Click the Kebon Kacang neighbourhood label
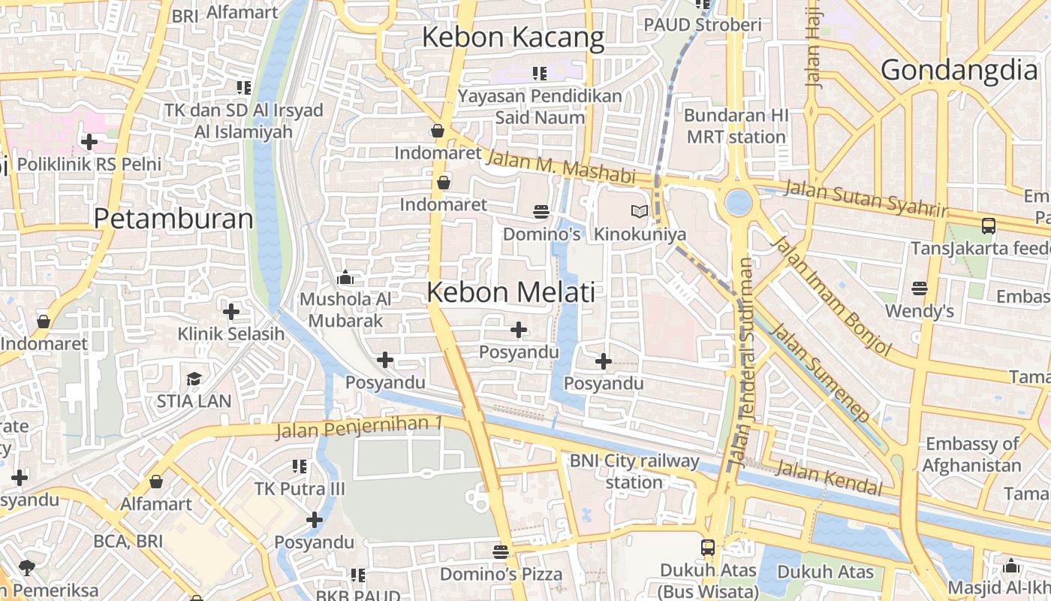pyautogui.click(x=513, y=38)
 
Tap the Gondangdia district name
pyautogui.click(x=959, y=70)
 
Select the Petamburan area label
pyautogui.click(x=173, y=219)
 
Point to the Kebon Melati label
pyautogui.click(x=510, y=292)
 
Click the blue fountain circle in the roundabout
pyautogui.click(x=738, y=202)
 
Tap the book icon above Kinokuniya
pyautogui.click(x=639, y=212)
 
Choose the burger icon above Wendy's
pyautogui.click(x=919, y=288)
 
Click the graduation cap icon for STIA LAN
pyautogui.click(x=194, y=379)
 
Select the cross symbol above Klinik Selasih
pyautogui.click(x=231, y=311)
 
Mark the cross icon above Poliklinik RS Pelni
pyautogui.click(x=89, y=141)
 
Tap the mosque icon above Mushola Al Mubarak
pyautogui.click(x=345, y=278)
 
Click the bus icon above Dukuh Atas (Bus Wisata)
pyautogui.click(x=708, y=548)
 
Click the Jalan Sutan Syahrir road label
pyautogui.click(x=865, y=198)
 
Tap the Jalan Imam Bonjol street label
pyautogui.click(x=831, y=295)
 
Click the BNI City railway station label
pyautogui.click(x=634, y=471)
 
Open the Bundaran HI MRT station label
pyautogui.click(x=736, y=126)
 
